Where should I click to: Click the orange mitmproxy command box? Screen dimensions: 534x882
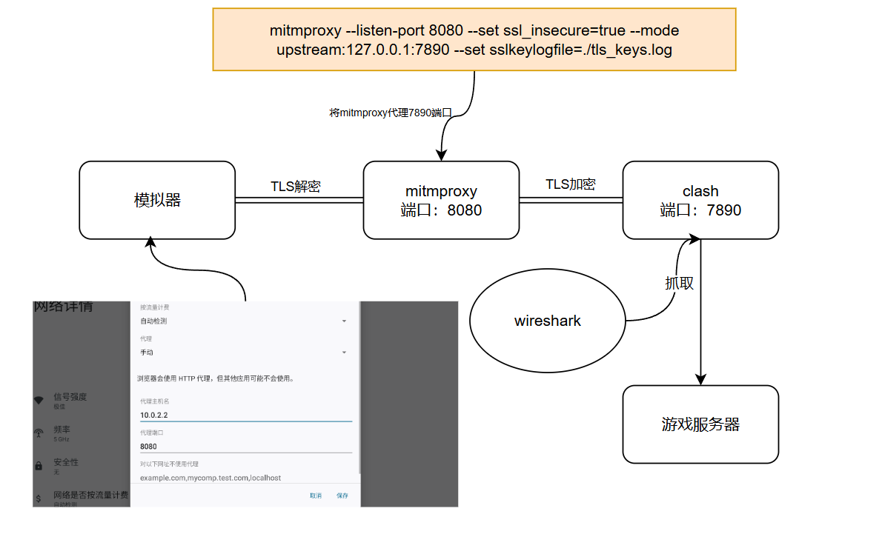pyautogui.click(x=474, y=40)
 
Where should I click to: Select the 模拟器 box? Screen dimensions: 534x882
pyautogui.click(x=157, y=200)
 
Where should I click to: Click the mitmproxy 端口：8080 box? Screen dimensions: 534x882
pyautogui.click(x=441, y=200)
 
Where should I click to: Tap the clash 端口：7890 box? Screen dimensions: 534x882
pyautogui.click(x=700, y=200)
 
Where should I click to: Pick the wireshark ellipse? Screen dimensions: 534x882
pyautogui.click(x=548, y=321)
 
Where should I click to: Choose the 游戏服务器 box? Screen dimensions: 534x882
pyautogui.click(x=700, y=424)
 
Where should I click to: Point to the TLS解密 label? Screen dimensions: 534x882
pyautogui.click(x=295, y=187)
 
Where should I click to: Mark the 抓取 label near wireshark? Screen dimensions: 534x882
pyautogui.click(x=679, y=283)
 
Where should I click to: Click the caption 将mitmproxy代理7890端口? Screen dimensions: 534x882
pyautogui.click(x=390, y=113)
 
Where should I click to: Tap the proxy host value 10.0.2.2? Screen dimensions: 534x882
pyautogui.click(x=154, y=415)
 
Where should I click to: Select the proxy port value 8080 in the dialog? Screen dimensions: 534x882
pyautogui.click(x=150, y=447)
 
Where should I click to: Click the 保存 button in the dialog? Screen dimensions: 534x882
pyautogui.click(x=342, y=495)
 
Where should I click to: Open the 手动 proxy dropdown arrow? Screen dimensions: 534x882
pyautogui.click(x=344, y=353)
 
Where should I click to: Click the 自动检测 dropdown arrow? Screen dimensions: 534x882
pyautogui.click(x=344, y=321)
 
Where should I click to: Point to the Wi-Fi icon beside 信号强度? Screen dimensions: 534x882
pyautogui.click(x=39, y=401)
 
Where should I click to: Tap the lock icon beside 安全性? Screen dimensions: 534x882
pyautogui.click(x=39, y=466)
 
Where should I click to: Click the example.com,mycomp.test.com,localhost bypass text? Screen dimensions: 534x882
pyautogui.click(x=210, y=478)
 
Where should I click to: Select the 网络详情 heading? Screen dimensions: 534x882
pyautogui.click(x=64, y=306)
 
